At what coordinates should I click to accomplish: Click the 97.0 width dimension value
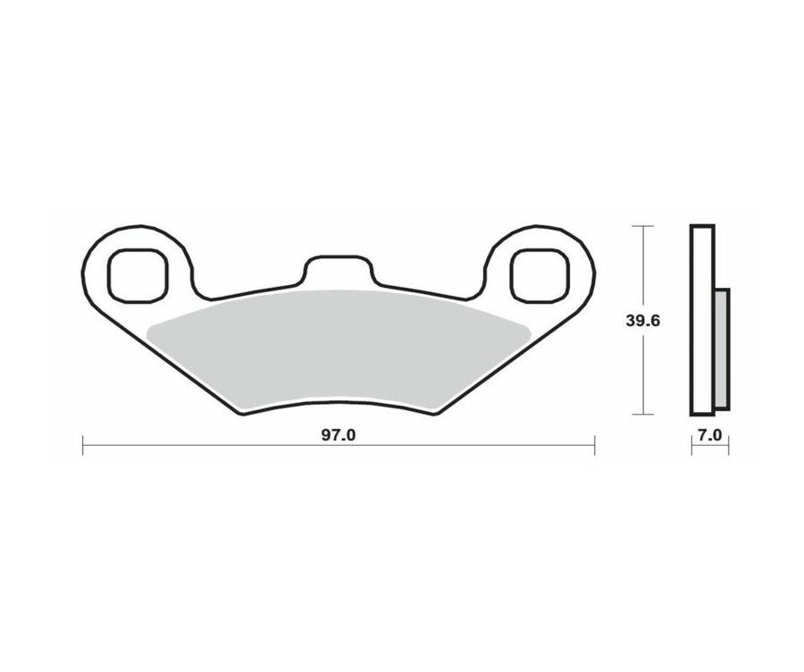point(338,436)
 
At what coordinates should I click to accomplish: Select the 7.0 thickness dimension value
point(710,436)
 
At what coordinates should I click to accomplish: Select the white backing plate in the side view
point(703,321)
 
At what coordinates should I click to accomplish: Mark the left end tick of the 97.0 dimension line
point(83,445)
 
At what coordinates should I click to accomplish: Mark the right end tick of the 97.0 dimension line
point(594,445)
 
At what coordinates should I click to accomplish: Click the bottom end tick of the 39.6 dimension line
point(643,415)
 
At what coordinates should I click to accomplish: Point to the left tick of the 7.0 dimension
point(691,446)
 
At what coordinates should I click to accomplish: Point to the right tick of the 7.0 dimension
point(729,446)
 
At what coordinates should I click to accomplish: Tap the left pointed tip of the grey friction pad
point(149,331)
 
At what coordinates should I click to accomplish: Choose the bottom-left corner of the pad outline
point(240,414)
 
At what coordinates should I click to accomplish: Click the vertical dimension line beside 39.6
point(643,268)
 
